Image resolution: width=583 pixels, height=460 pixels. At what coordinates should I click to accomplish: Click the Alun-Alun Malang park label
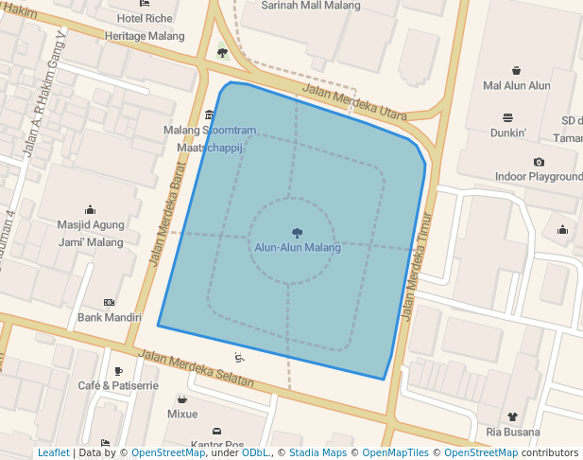(x=297, y=248)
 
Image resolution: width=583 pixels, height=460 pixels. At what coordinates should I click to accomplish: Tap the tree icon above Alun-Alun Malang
(x=297, y=232)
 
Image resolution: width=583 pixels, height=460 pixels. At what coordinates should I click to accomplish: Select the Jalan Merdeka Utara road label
(x=353, y=104)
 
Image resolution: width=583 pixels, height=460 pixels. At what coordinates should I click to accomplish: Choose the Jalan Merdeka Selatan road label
(x=197, y=368)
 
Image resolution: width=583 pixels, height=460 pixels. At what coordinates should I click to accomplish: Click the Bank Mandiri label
(x=110, y=318)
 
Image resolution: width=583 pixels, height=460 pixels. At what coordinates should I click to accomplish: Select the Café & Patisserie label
(x=118, y=386)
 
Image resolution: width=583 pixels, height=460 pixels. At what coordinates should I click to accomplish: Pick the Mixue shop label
(x=182, y=415)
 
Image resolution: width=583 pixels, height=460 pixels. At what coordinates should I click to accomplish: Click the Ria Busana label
(x=511, y=432)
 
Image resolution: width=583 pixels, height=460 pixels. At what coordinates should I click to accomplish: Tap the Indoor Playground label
(x=539, y=177)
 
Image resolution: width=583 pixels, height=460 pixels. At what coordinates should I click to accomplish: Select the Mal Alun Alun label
(x=516, y=86)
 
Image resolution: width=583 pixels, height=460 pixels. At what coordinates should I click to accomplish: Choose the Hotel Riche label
(x=145, y=18)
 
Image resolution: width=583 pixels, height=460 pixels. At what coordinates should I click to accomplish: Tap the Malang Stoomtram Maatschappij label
(x=210, y=139)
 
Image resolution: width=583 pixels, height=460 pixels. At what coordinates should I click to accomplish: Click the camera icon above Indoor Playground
(x=539, y=162)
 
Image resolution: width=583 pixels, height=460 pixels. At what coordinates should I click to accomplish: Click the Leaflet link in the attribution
(x=53, y=453)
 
